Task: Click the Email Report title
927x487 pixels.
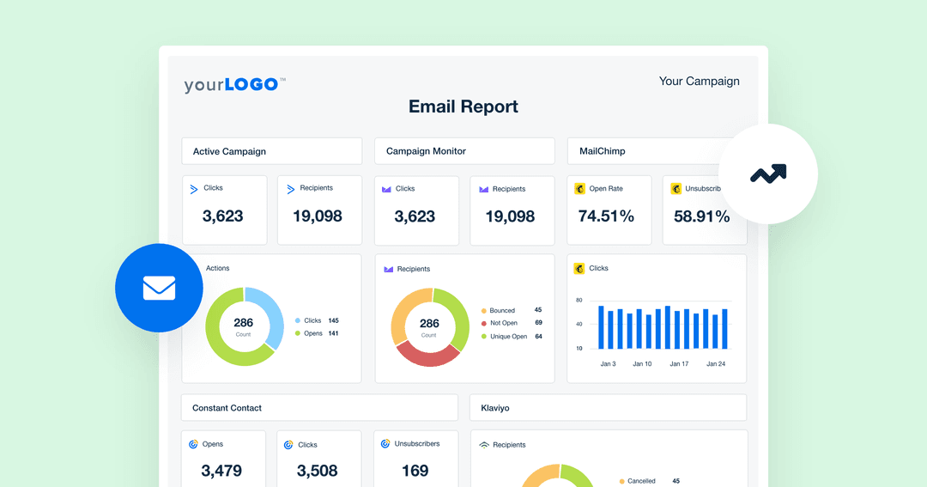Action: click(x=463, y=107)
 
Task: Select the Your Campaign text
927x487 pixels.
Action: click(x=699, y=81)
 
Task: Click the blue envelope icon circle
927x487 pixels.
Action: click(x=159, y=288)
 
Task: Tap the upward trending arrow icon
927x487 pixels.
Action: click(x=768, y=174)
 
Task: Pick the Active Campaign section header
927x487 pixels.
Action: click(x=229, y=151)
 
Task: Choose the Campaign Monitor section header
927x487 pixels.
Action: click(x=426, y=151)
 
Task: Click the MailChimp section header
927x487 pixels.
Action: click(x=602, y=151)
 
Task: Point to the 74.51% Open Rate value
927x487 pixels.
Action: click(x=606, y=216)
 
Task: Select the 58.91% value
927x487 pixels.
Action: click(x=701, y=216)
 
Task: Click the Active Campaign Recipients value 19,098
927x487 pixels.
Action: click(x=317, y=216)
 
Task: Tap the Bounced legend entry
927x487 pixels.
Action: click(x=502, y=310)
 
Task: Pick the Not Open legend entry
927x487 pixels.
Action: click(x=503, y=323)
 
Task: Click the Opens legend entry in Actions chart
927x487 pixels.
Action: click(x=312, y=333)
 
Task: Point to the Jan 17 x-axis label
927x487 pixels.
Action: click(x=679, y=364)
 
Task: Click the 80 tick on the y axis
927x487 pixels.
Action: click(x=579, y=300)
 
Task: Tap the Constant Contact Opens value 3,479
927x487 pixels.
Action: click(x=221, y=471)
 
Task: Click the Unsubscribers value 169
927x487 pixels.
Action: click(x=415, y=471)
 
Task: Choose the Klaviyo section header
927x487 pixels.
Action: click(x=496, y=408)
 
